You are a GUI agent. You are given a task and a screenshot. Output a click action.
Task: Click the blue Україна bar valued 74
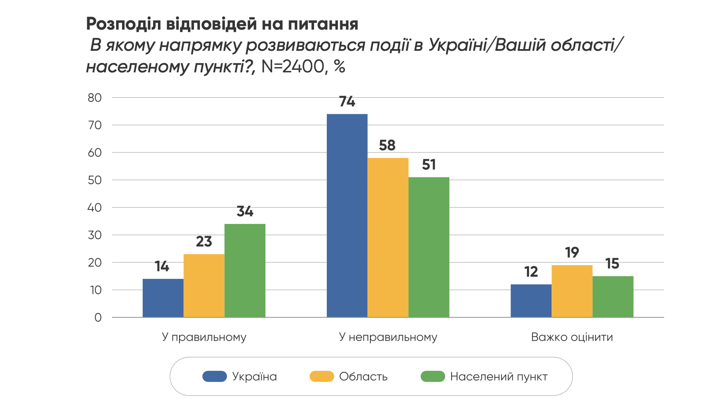(x=347, y=215)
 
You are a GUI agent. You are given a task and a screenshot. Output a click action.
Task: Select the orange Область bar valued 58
(x=388, y=237)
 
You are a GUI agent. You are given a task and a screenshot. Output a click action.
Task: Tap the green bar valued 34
(x=245, y=270)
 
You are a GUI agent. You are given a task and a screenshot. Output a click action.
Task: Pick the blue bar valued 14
(x=163, y=298)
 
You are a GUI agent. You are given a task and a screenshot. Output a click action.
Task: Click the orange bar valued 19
(x=572, y=291)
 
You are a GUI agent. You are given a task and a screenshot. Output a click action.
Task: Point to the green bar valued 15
(x=613, y=297)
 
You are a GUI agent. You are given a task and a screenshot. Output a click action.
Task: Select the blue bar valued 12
(x=531, y=301)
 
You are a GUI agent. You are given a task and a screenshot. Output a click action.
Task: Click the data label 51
(x=429, y=165)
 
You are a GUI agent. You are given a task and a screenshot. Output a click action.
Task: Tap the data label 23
(x=204, y=242)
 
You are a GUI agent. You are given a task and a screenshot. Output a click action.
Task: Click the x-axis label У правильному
(x=204, y=337)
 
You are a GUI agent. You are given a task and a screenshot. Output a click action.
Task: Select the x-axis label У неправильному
(x=388, y=337)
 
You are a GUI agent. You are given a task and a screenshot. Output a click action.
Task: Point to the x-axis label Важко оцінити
(x=572, y=337)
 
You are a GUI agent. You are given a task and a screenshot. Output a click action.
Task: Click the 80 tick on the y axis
(x=95, y=98)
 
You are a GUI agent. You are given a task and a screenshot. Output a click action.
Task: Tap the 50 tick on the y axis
(x=95, y=180)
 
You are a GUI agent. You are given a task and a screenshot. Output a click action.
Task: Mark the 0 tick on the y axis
(x=98, y=318)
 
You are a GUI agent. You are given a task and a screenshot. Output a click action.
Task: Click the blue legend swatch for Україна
(x=215, y=376)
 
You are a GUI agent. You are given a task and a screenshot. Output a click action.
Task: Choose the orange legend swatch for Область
(x=322, y=376)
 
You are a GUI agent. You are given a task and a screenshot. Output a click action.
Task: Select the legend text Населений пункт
(x=499, y=377)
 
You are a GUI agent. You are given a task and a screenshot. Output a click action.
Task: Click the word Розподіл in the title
(x=123, y=24)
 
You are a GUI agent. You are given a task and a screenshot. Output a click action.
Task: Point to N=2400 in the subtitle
(x=293, y=67)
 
